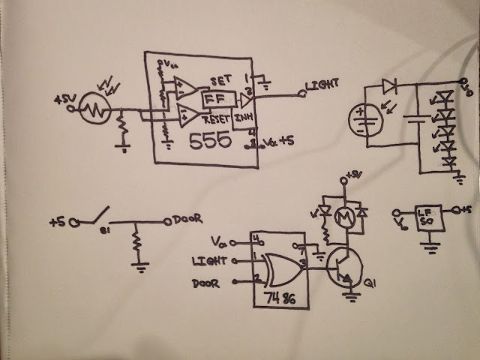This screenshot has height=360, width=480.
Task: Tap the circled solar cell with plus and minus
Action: pyautogui.click(x=367, y=117)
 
